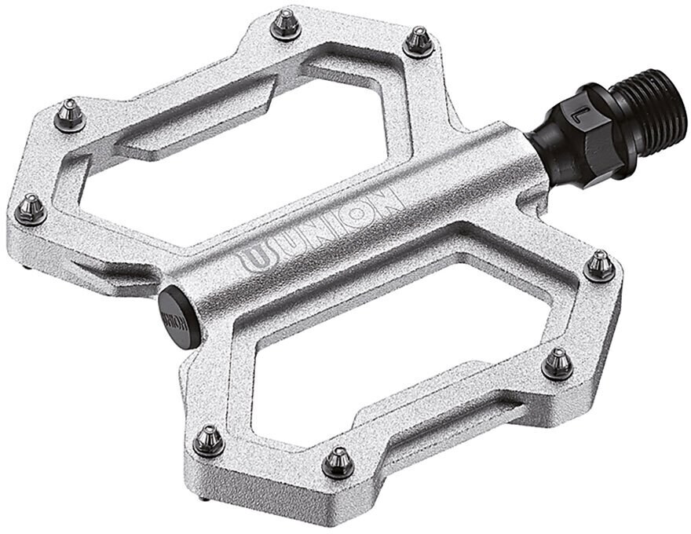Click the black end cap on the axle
(178, 316)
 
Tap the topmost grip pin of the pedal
(285, 26)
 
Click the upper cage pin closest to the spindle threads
(418, 41)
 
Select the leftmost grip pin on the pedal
(31, 209)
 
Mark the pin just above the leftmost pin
(69, 116)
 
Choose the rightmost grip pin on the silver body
(601, 265)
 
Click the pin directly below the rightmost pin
(558, 363)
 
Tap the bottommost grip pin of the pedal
(338, 462)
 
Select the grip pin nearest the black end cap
(209, 440)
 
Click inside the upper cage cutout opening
(236, 149)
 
